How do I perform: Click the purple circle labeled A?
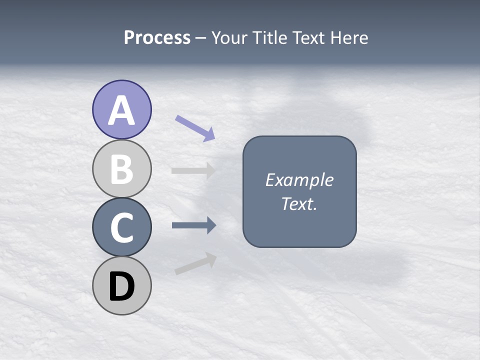pyautogui.click(x=122, y=109)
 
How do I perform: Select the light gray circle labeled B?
pyautogui.click(x=122, y=168)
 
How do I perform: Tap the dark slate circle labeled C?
pyautogui.click(x=122, y=227)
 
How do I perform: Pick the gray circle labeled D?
pyautogui.click(x=122, y=285)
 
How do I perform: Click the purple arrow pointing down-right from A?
pyautogui.click(x=195, y=127)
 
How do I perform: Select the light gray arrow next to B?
pyautogui.click(x=193, y=170)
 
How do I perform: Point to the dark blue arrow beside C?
pyautogui.click(x=193, y=225)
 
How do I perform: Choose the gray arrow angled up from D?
pyautogui.click(x=195, y=263)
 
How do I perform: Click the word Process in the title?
pyautogui.click(x=157, y=38)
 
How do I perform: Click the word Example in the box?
pyautogui.click(x=299, y=179)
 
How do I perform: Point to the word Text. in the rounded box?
pyautogui.click(x=299, y=203)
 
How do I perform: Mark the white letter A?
pyautogui.click(x=122, y=110)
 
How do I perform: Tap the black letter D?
pyautogui.click(x=122, y=286)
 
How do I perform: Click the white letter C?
pyautogui.click(x=122, y=228)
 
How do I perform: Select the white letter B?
pyautogui.click(x=122, y=169)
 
